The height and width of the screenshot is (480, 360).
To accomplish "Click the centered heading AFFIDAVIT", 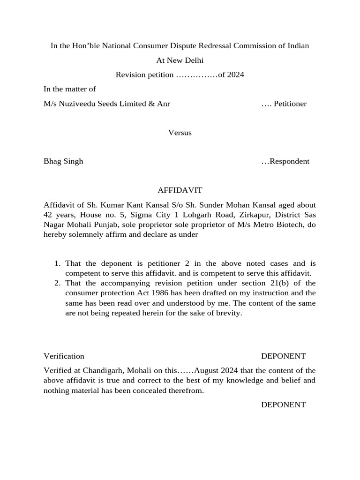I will tap(180, 190).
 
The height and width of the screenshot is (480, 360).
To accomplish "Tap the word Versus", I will tap(180, 133).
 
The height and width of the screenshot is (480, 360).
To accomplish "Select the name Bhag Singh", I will tap(63, 161).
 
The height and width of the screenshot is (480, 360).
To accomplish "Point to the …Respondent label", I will tap(285, 161).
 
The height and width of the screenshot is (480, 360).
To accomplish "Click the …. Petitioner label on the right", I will tap(284, 104).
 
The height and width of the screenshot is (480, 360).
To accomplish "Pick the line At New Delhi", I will tap(180, 60).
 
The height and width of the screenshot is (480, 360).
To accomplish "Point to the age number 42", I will tap(48, 215).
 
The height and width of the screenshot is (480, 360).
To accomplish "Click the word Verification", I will tap(64, 356).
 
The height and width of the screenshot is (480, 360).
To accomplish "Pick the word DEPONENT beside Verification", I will tap(283, 356).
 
